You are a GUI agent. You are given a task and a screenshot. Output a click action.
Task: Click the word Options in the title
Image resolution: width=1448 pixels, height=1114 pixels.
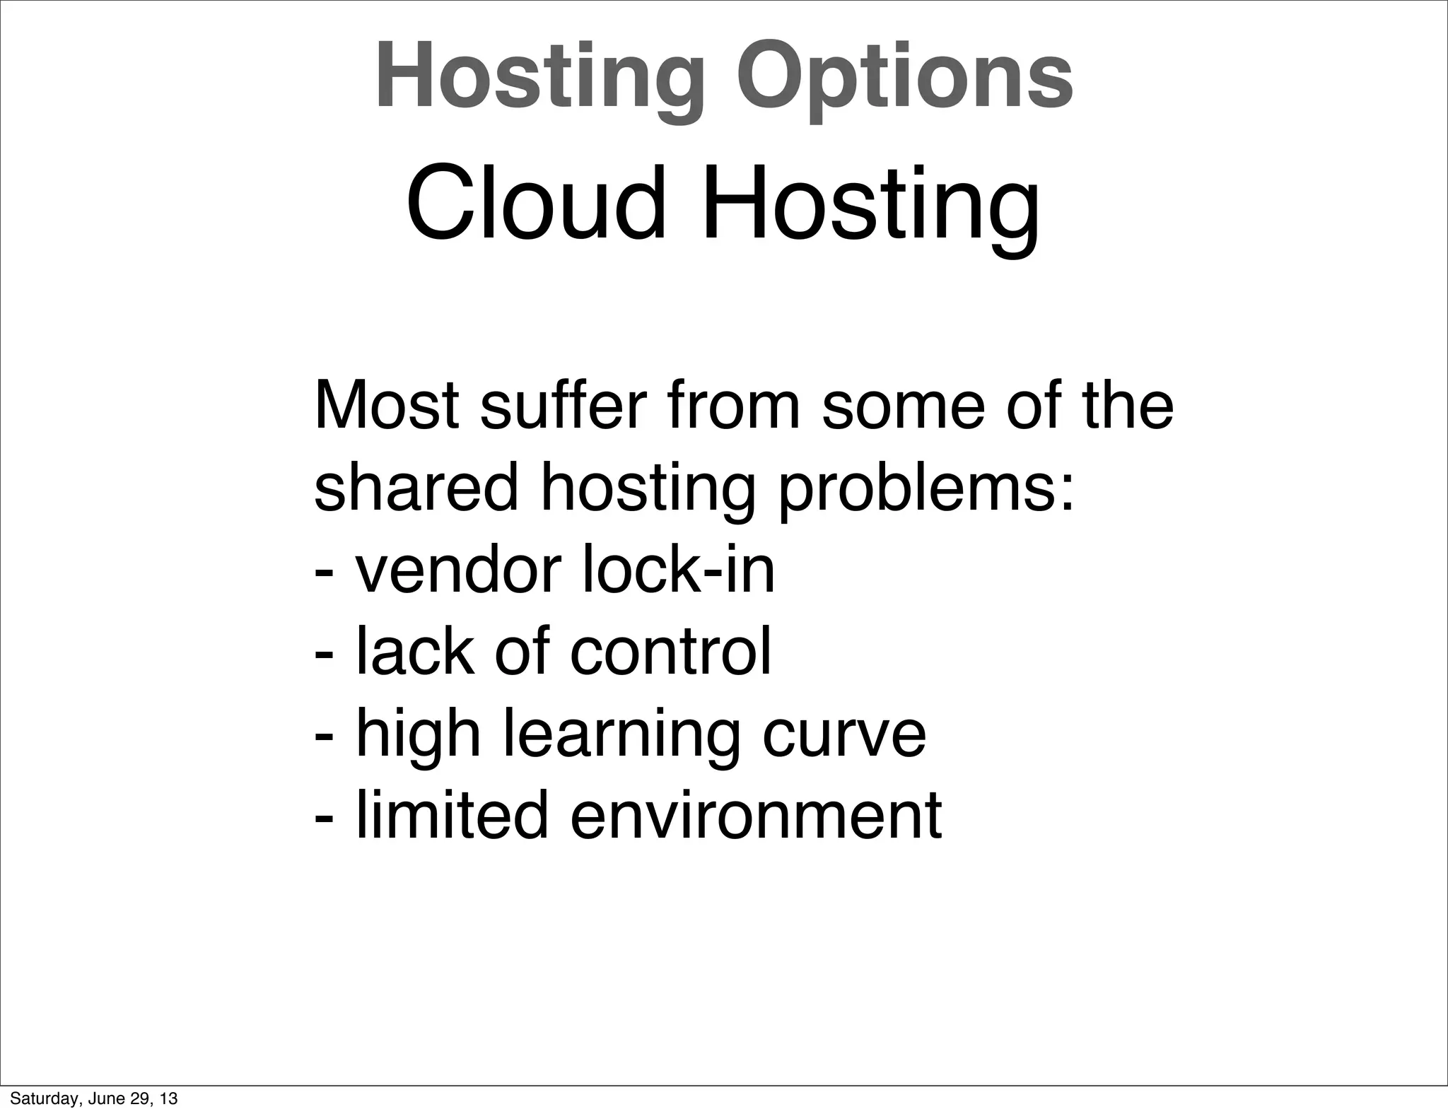coord(904,76)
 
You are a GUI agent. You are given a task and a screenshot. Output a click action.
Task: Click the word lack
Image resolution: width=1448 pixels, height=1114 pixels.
coord(414,652)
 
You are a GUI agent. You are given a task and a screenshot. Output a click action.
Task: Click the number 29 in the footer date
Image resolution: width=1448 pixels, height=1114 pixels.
coord(140,1099)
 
